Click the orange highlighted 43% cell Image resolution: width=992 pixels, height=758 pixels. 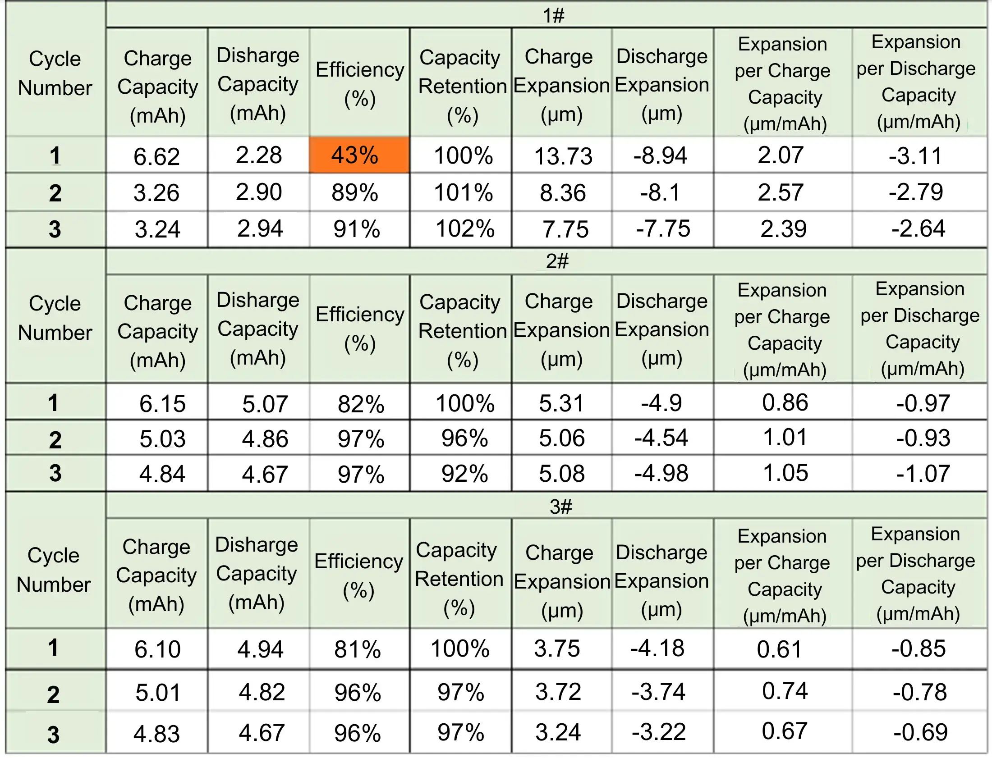coord(355,155)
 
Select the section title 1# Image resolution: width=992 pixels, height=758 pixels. coord(553,16)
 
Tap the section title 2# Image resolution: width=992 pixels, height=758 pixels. coord(557,261)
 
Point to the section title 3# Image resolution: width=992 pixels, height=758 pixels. coord(560,507)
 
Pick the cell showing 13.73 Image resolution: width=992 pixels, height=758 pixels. coord(563,156)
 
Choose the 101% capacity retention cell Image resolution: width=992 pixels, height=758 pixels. coord(463,193)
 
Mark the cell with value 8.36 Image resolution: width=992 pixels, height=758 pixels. coord(563,193)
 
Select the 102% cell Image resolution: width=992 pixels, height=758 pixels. coord(465,229)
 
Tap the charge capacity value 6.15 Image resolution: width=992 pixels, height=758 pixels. coord(162,403)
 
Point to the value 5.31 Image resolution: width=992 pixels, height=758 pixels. coord(561,403)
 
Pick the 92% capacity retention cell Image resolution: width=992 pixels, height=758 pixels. coord(464,474)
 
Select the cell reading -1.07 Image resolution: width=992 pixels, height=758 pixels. coord(923,474)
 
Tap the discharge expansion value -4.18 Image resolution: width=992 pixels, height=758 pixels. coord(657,648)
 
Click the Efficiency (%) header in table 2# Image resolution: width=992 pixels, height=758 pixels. coord(360,329)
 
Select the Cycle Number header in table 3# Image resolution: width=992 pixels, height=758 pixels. coord(54,570)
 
